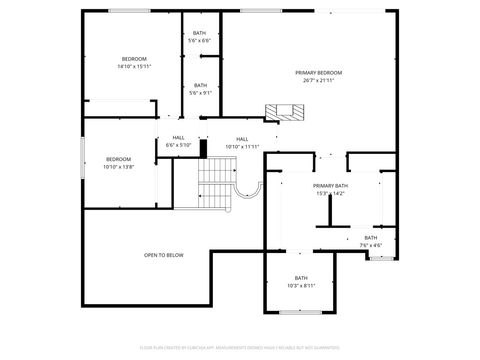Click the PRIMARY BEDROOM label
(318, 72)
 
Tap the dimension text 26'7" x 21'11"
(318, 80)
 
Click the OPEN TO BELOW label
(163, 255)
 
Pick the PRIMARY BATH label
(330, 186)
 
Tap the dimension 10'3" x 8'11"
(301, 286)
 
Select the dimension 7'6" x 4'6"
(370, 245)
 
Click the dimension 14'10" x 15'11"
(134, 67)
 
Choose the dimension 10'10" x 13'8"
(118, 167)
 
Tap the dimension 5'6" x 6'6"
(200, 41)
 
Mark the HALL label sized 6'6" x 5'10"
(178, 138)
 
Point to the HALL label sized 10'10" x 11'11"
(242, 139)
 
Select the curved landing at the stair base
(251, 189)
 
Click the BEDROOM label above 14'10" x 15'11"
(134, 59)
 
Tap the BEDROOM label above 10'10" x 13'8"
(118, 159)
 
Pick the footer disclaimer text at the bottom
(240, 346)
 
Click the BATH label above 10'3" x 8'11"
(301, 278)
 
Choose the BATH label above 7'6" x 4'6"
(370, 237)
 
